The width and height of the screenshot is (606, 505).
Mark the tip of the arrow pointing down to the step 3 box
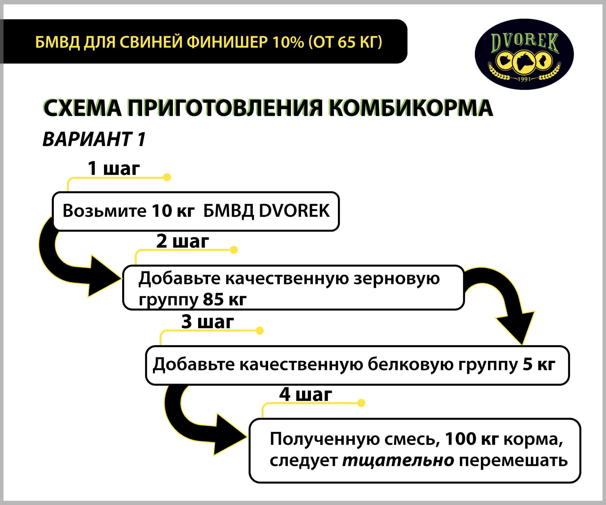pyautogui.click(x=522, y=345)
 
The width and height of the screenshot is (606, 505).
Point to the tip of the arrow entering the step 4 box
pyautogui.click(x=247, y=437)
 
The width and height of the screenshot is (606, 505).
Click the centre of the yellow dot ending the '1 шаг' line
pyautogui.click(x=167, y=177)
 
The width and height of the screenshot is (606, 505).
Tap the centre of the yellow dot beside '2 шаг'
pyautogui.click(x=234, y=250)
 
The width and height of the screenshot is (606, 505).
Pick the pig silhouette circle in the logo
pyautogui.click(x=505, y=61)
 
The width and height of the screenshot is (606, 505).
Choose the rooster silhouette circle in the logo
pyautogui.click(x=543, y=61)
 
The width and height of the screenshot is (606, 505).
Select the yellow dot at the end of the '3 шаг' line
pyautogui.click(x=259, y=330)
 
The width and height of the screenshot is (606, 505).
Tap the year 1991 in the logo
pyautogui.click(x=524, y=79)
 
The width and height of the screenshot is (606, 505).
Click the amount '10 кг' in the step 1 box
pyautogui.click(x=173, y=211)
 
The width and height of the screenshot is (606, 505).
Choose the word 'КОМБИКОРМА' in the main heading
pyautogui.click(x=411, y=108)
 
